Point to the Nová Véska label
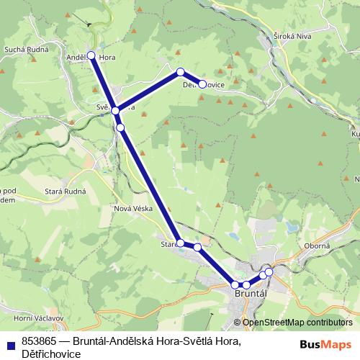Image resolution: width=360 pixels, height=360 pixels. point(130,209)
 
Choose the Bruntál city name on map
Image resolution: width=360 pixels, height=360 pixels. point(251,296)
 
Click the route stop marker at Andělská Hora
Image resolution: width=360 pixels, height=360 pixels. point(91,55)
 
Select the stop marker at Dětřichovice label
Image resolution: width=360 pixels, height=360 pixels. point(202,84)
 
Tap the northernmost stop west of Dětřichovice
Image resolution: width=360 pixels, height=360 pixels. point(181,72)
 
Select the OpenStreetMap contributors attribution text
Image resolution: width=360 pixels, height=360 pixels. point(297,323)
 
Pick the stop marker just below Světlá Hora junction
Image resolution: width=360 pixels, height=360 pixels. point(121,127)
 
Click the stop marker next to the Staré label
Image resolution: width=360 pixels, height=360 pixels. point(180,243)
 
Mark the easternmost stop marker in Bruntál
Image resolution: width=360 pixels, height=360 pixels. point(269,271)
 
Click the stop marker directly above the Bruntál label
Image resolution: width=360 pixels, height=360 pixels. point(246,285)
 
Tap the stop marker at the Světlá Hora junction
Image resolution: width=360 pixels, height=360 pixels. point(115,111)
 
